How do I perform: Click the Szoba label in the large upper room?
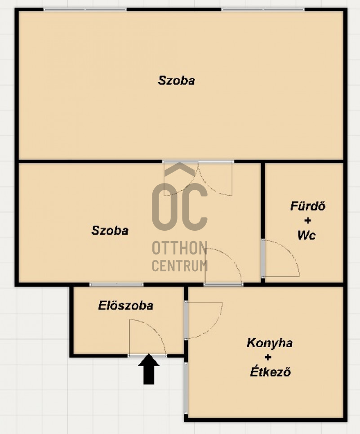(x=177, y=80)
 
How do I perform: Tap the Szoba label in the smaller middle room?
(x=110, y=230)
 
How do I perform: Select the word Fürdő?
(x=308, y=206)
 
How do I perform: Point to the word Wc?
(x=307, y=235)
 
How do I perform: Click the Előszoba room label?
(x=126, y=305)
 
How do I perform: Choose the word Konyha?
(x=270, y=343)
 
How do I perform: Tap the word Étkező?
(x=271, y=371)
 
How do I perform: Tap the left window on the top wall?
(x=85, y=9)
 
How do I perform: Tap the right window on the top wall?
(x=263, y=9)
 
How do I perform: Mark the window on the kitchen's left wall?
(x=186, y=388)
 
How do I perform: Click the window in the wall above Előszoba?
(x=116, y=285)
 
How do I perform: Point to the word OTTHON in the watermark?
(x=180, y=248)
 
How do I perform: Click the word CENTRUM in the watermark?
(x=180, y=266)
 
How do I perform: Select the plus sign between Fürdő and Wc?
(x=307, y=221)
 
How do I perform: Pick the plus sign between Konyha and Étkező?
(x=268, y=358)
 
